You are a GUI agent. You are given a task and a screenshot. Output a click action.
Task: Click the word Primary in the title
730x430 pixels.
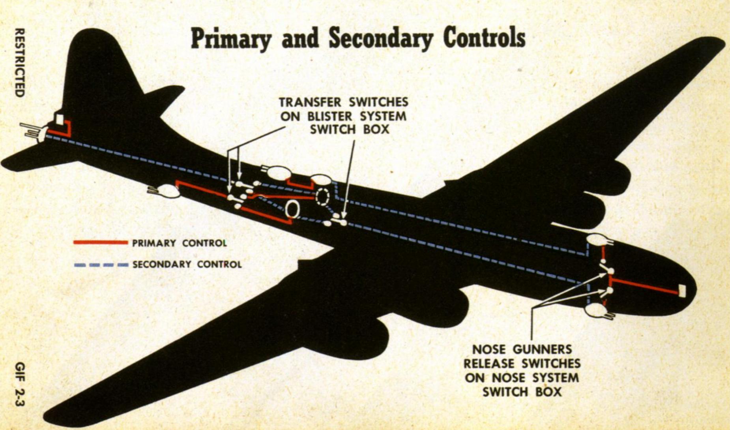tap(231, 39)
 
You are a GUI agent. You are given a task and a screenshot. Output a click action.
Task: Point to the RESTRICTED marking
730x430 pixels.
tap(19, 62)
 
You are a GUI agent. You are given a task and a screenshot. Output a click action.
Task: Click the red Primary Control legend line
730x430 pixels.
tap(101, 242)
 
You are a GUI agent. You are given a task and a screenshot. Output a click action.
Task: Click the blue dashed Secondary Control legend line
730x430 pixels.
tap(101, 265)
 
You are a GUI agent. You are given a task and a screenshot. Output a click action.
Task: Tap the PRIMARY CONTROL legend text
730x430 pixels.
tap(180, 243)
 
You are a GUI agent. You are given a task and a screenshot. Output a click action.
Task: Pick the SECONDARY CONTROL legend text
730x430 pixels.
tap(187, 264)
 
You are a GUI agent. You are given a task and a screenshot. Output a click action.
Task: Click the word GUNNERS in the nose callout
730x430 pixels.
tap(542, 349)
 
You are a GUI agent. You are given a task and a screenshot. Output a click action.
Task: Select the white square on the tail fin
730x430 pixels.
tap(59, 119)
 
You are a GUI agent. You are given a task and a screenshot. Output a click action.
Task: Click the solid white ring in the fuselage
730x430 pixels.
tap(292, 209)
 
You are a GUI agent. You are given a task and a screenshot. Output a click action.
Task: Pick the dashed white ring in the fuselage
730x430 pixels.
tap(322, 197)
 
